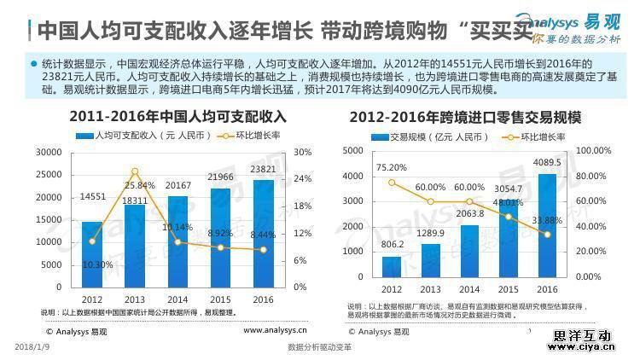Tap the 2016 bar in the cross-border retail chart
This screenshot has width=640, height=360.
click(548, 226)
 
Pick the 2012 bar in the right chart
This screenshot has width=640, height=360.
click(392, 267)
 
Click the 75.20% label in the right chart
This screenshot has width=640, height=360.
click(391, 167)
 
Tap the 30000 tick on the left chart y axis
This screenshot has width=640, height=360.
click(48, 152)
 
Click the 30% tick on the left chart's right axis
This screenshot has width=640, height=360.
click(304, 152)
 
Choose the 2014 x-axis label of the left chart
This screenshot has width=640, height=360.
click(177, 299)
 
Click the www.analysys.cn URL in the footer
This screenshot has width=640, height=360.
click(276, 330)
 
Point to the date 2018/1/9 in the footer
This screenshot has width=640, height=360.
click(32, 348)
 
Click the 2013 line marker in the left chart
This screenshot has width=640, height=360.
click(135, 171)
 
